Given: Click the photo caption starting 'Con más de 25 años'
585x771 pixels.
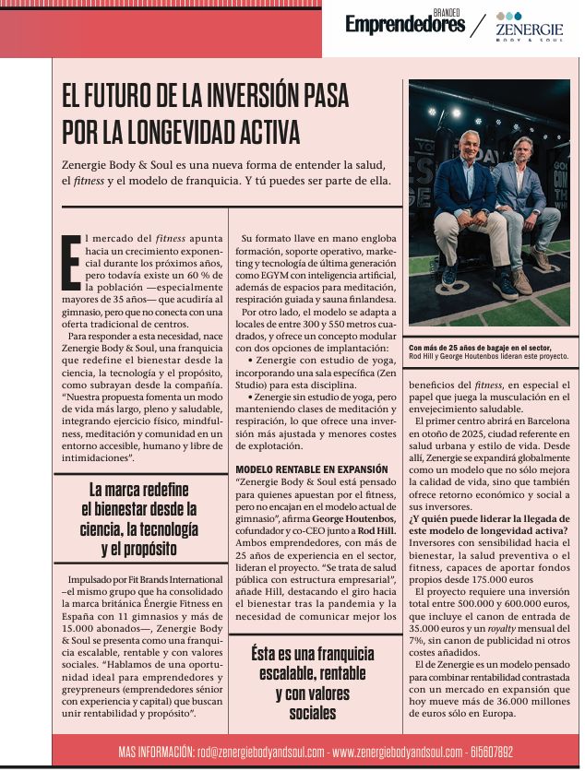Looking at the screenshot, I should (x=487, y=351).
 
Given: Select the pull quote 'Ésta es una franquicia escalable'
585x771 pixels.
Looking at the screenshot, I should (x=311, y=683).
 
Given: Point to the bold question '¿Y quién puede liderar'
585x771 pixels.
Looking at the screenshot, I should (x=486, y=525).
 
